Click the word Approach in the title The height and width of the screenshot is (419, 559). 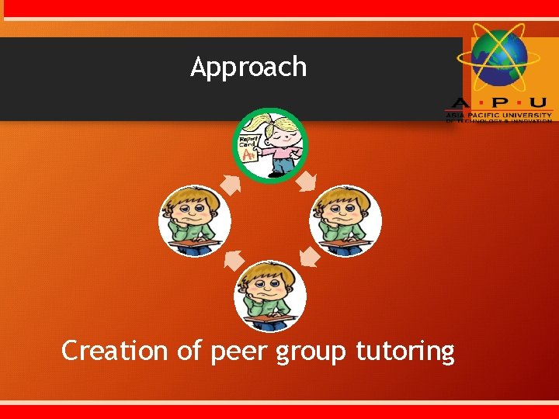pos(248,68)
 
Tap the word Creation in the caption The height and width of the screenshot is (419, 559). pos(115,351)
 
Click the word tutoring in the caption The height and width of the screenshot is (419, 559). pos(405,352)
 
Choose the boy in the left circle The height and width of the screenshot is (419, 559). pos(194,220)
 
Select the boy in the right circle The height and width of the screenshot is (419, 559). pos(345,220)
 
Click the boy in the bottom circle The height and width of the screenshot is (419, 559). pos(270,295)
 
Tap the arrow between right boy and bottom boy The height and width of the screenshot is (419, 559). pos(309,257)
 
